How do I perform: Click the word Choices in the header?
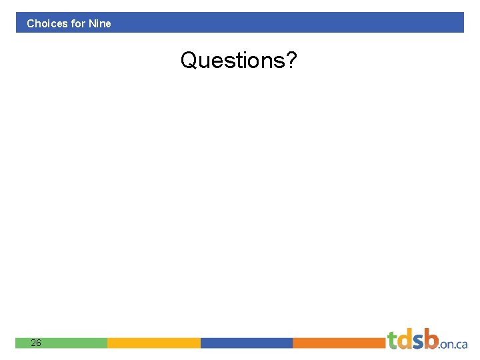47,23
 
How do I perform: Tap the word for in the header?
78,23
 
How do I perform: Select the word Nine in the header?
100,23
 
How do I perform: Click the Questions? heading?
239,61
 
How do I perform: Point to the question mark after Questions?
291,61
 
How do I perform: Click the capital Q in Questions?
189,61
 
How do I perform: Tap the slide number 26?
35,343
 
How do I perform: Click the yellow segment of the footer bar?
153,343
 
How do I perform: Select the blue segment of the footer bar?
246,343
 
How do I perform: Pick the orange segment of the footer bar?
339,343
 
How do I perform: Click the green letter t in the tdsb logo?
393,339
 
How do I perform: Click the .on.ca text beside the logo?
453,344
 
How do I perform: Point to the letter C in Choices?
31,23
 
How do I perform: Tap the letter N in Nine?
92,23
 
